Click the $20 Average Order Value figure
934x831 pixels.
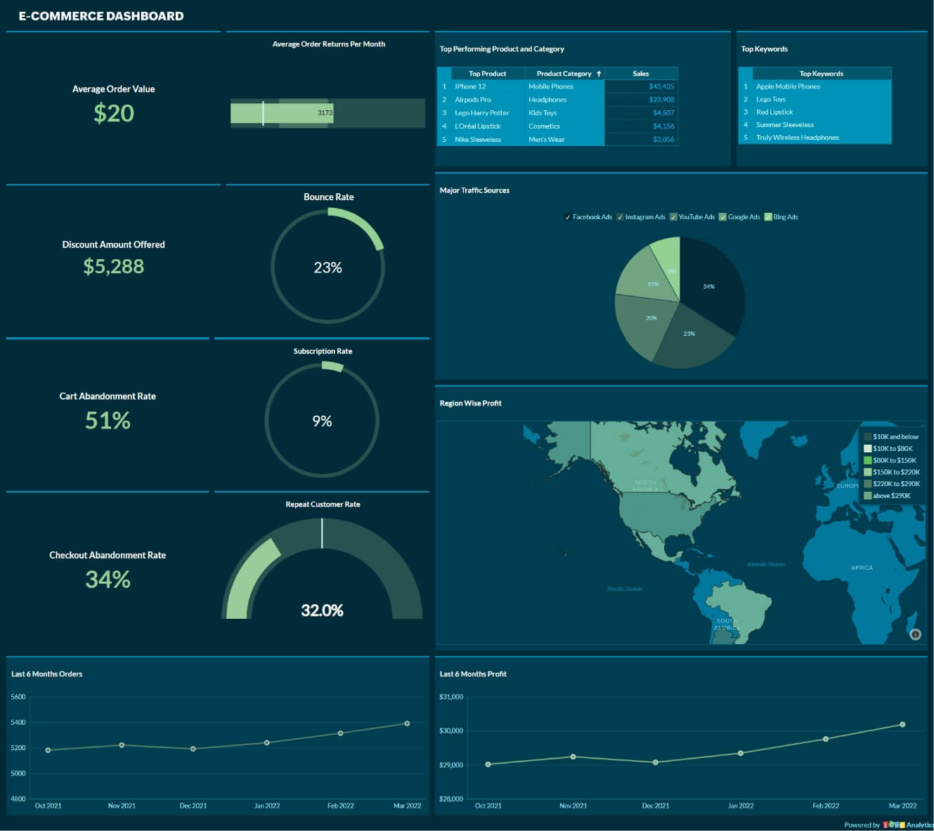114,113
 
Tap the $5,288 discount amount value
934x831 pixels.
113,266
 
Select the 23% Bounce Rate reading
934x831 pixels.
327,268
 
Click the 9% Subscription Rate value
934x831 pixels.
322,421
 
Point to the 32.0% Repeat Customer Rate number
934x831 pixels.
322,610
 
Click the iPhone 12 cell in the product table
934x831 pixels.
470,86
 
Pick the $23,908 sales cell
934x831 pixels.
661,100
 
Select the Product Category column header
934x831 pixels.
564,74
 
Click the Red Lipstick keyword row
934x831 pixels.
774,112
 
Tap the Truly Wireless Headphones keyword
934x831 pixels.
797,138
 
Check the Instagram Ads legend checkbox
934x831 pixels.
620,217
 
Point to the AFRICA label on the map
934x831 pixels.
862,568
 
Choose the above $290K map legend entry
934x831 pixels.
891,496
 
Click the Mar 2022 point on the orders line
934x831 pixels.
407,724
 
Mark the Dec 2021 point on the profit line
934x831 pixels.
656,762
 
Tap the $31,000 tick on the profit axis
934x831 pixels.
451,697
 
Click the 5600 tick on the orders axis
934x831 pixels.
18,697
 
